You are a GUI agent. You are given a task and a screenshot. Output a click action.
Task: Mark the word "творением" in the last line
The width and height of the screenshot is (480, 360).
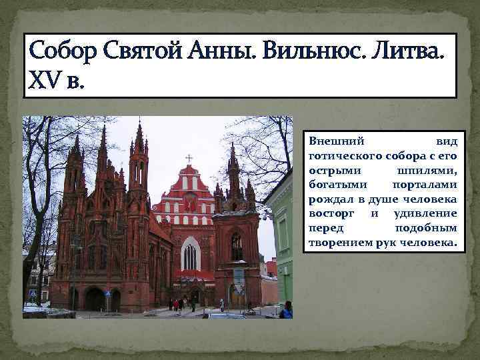pyautogui.click(x=337, y=243)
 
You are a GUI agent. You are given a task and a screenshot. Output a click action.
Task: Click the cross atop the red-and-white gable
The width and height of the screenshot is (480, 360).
pyautogui.click(x=189, y=159)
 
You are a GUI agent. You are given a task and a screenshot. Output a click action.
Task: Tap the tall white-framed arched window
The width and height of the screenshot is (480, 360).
pyautogui.click(x=190, y=253)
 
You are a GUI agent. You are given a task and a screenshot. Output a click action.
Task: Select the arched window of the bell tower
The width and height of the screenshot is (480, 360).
pyautogui.click(x=237, y=247)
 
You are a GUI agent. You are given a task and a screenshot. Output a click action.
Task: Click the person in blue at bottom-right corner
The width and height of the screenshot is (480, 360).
pyautogui.click(x=287, y=310)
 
